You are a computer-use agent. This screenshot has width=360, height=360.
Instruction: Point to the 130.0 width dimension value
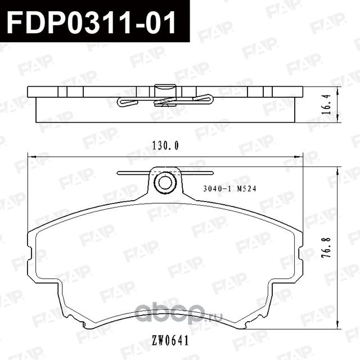pyautogui.click(x=165, y=146)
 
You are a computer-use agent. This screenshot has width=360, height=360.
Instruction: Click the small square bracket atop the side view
pyautogui.click(x=165, y=88)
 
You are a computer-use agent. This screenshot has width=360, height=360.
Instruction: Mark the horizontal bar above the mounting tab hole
pyautogui.click(x=165, y=173)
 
